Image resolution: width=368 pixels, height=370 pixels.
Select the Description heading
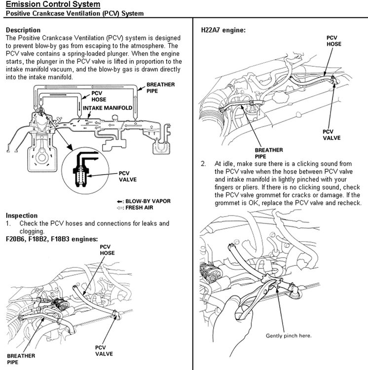pos(23,30)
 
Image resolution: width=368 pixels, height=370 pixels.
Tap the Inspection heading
pos(21,216)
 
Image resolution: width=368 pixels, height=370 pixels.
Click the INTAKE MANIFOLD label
pos(107,107)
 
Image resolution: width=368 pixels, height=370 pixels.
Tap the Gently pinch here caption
pos(289,335)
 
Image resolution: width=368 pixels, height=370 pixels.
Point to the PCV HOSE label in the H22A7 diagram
pos(334,40)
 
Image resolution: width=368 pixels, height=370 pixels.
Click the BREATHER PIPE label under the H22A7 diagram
pos(269,153)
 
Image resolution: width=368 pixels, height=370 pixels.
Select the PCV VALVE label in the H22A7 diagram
pos(331,135)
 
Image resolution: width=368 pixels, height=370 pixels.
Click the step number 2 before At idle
pos(203,163)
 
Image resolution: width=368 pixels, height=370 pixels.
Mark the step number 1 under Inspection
pos(8,223)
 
